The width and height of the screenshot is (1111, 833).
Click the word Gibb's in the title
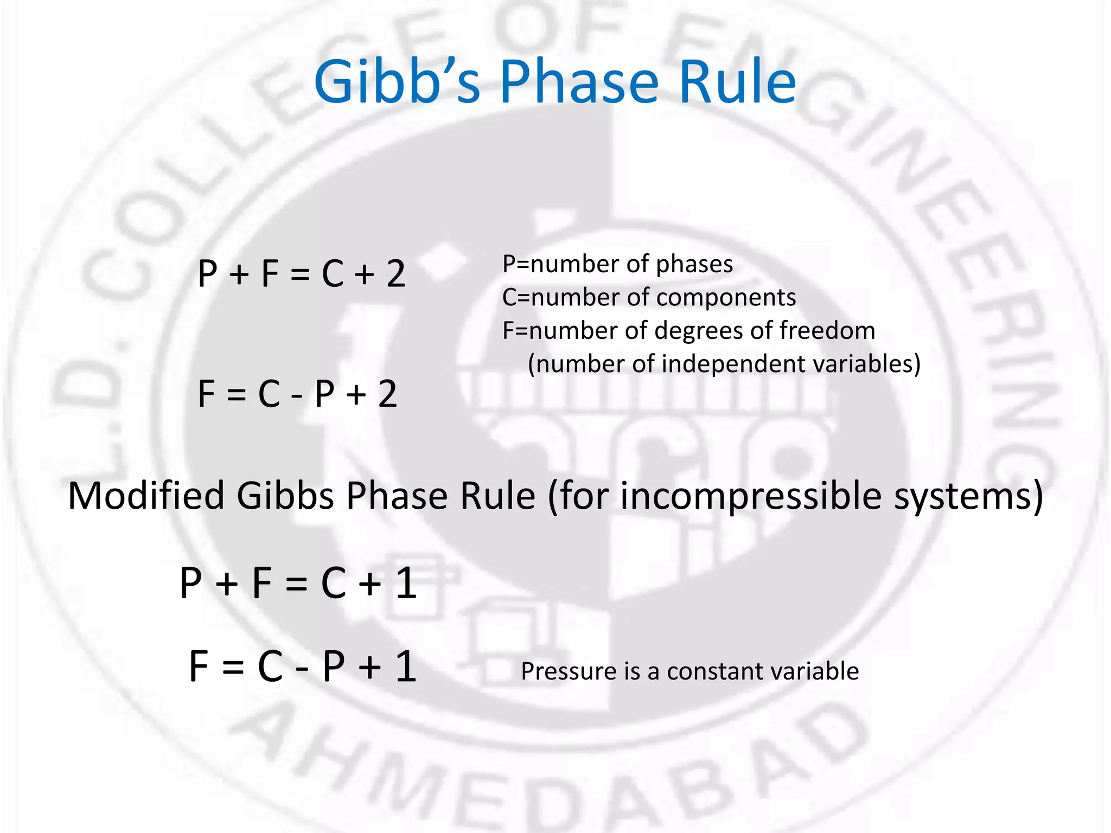click(x=397, y=82)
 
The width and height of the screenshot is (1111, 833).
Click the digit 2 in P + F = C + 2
click(x=396, y=274)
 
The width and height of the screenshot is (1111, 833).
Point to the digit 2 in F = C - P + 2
click(x=387, y=394)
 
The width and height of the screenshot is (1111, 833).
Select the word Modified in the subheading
click(x=146, y=496)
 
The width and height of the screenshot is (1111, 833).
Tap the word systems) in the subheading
click(x=968, y=496)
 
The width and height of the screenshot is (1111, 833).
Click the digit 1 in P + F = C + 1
click(x=406, y=584)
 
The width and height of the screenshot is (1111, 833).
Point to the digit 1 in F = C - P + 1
click(x=406, y=667)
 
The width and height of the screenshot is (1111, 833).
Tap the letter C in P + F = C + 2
click(x=333, y=274)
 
